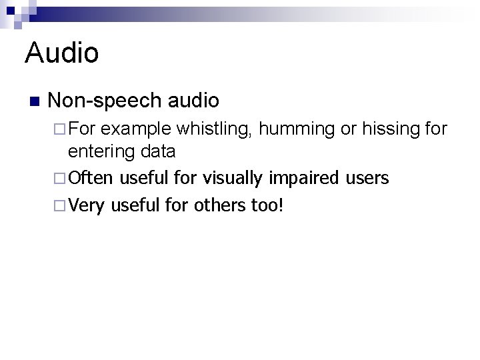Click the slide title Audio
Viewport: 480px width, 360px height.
61,53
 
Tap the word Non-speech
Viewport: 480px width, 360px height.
105,100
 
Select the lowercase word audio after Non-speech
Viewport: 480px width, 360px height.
194,100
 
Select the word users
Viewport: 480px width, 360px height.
367,178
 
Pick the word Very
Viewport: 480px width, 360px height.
87,205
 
